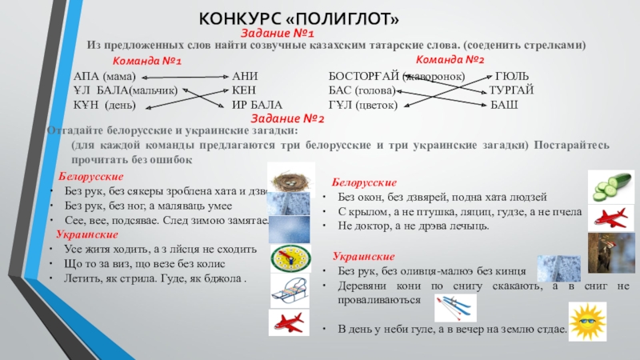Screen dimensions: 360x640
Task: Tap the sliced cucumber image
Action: point(610,186)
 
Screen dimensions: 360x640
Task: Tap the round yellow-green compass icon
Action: point(289,258)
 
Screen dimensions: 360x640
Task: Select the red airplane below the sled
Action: point(289,322)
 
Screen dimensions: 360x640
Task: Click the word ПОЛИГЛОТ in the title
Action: point(353,17)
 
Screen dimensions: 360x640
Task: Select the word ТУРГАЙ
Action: point(512,90)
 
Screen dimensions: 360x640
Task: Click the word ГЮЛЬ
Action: point(510,76)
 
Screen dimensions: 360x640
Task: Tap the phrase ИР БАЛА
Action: point(257,105)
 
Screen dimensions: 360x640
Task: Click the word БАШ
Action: point(504,105)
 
